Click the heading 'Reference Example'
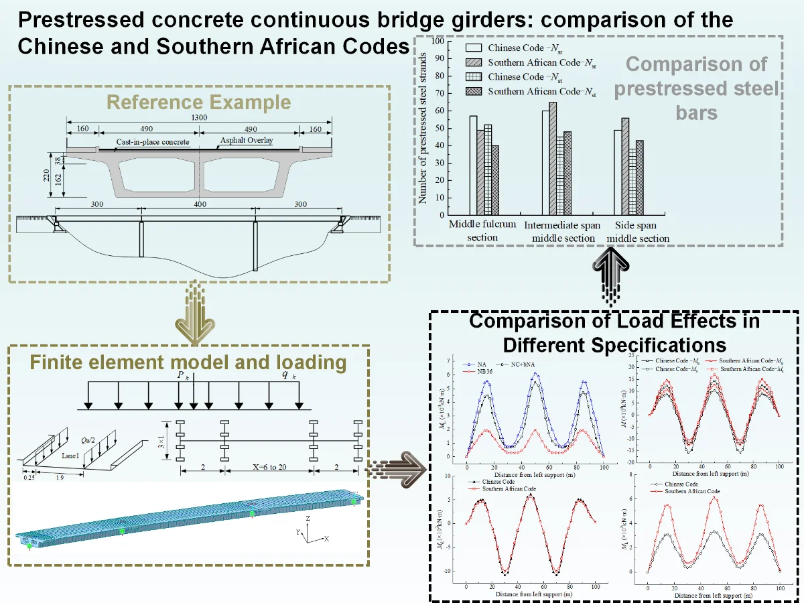pos(199,103)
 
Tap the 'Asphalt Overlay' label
pos(247,141)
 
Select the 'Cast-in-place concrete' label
pos(153,142)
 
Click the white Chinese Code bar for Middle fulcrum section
pos(473,165)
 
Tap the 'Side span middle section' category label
pos(638,232)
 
